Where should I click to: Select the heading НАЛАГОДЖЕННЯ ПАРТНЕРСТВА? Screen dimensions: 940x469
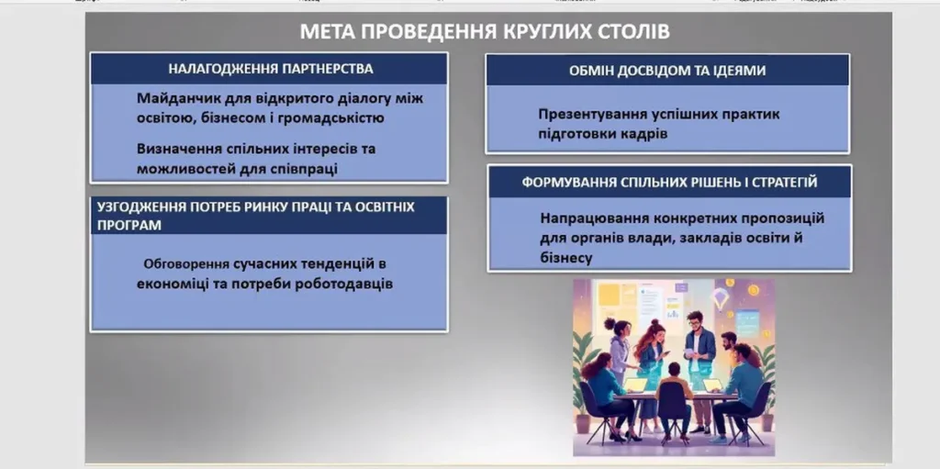(x=271, y=69)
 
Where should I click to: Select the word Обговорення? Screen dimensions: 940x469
(x=187, y=264)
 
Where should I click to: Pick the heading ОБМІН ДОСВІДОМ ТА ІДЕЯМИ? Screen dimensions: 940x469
(x=667, y=71)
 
